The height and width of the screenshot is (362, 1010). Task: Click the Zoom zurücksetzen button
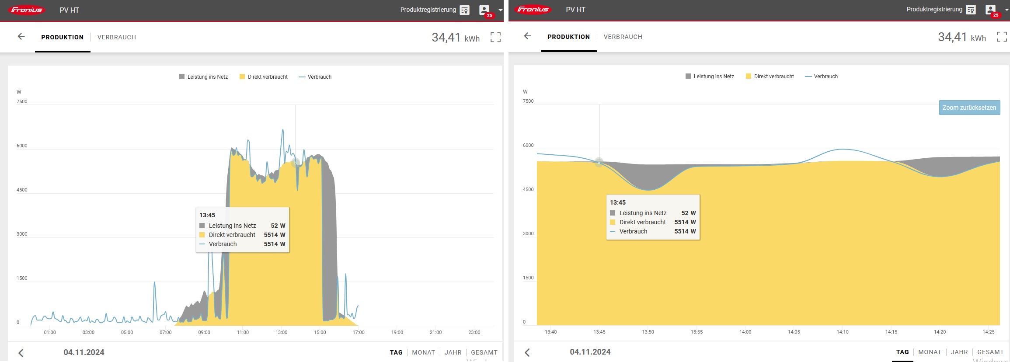point(969,108)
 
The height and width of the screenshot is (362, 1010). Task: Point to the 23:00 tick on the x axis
point(474,332)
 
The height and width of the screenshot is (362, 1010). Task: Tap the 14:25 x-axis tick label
point(988,332)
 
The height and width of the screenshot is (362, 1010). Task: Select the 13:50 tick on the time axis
point(648,332)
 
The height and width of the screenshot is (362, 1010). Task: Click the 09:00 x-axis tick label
point(204,332)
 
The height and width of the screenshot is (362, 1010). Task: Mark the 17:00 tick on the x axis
point(359,332)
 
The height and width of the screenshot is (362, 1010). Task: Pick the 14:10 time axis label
point(842,332)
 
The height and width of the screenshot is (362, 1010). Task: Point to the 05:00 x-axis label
point(127,332)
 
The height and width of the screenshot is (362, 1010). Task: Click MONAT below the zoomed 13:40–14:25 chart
point(930,352)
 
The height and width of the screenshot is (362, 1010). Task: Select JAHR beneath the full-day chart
point(453,352)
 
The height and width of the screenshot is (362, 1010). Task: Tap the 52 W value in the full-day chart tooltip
point(278,226)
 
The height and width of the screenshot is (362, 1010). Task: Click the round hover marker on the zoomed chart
point(599,162)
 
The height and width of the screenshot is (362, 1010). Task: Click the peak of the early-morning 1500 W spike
point(154,282)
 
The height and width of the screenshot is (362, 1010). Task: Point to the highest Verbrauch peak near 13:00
point(283,130)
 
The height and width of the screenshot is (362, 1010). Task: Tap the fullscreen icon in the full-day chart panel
point(495,37)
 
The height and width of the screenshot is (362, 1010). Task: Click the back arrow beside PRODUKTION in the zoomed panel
point(528,36)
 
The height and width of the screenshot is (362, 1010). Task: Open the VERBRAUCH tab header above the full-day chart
point(116,37)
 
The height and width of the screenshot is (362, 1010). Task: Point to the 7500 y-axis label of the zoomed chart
point(528,101)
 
